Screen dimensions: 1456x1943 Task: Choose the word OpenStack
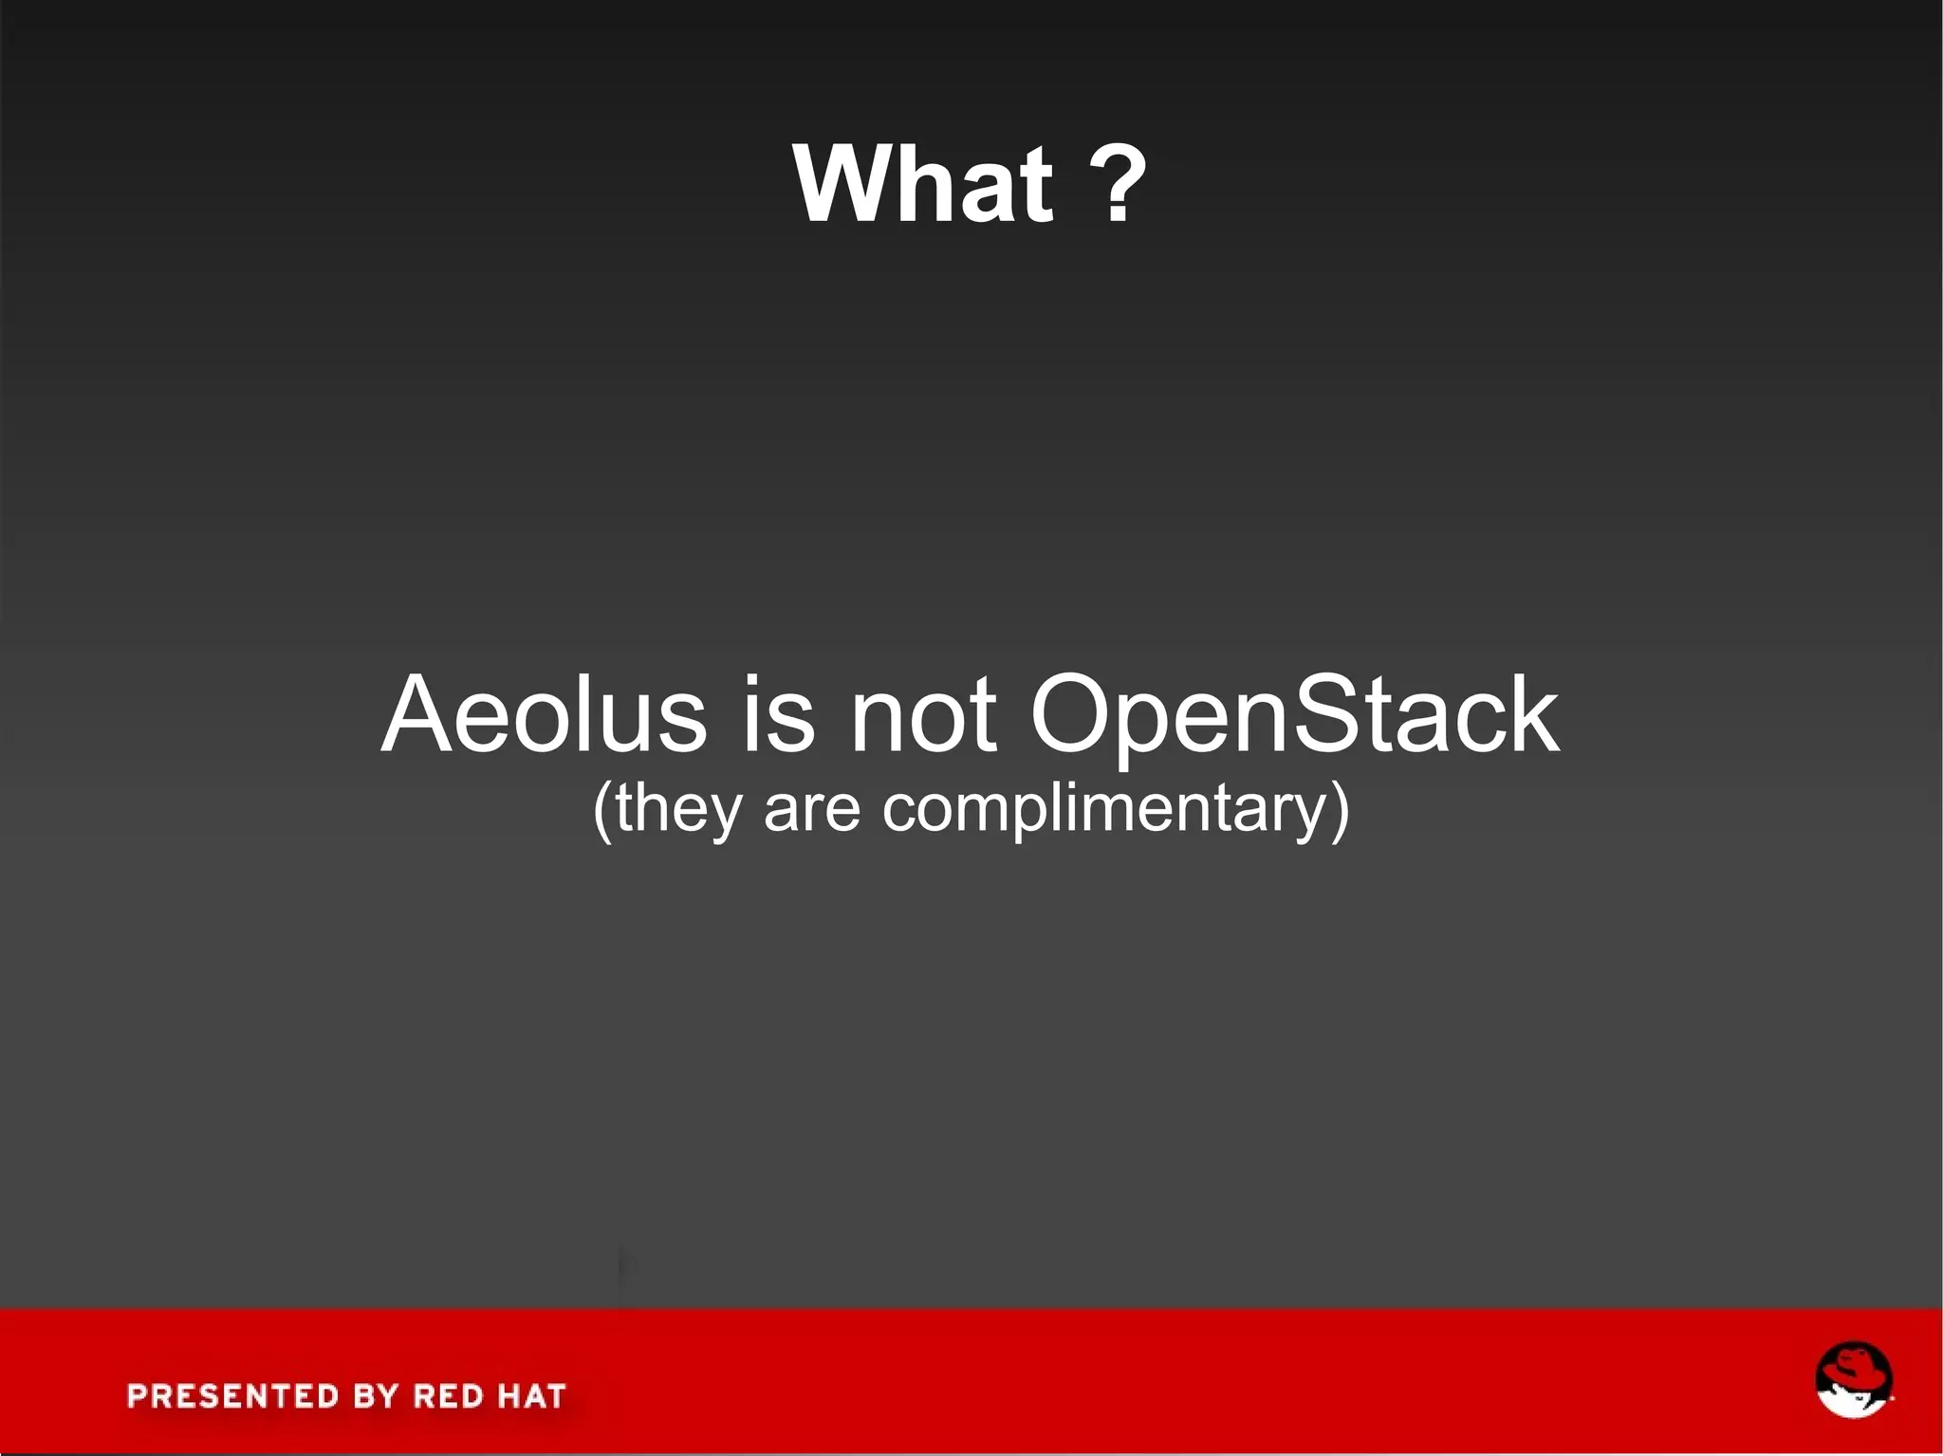tap(1294, 716)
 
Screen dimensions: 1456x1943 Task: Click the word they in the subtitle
tap(675, 809)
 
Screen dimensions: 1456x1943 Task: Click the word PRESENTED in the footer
tap(233, 1396)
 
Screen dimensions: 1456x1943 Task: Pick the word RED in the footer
tap(449, 1396)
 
